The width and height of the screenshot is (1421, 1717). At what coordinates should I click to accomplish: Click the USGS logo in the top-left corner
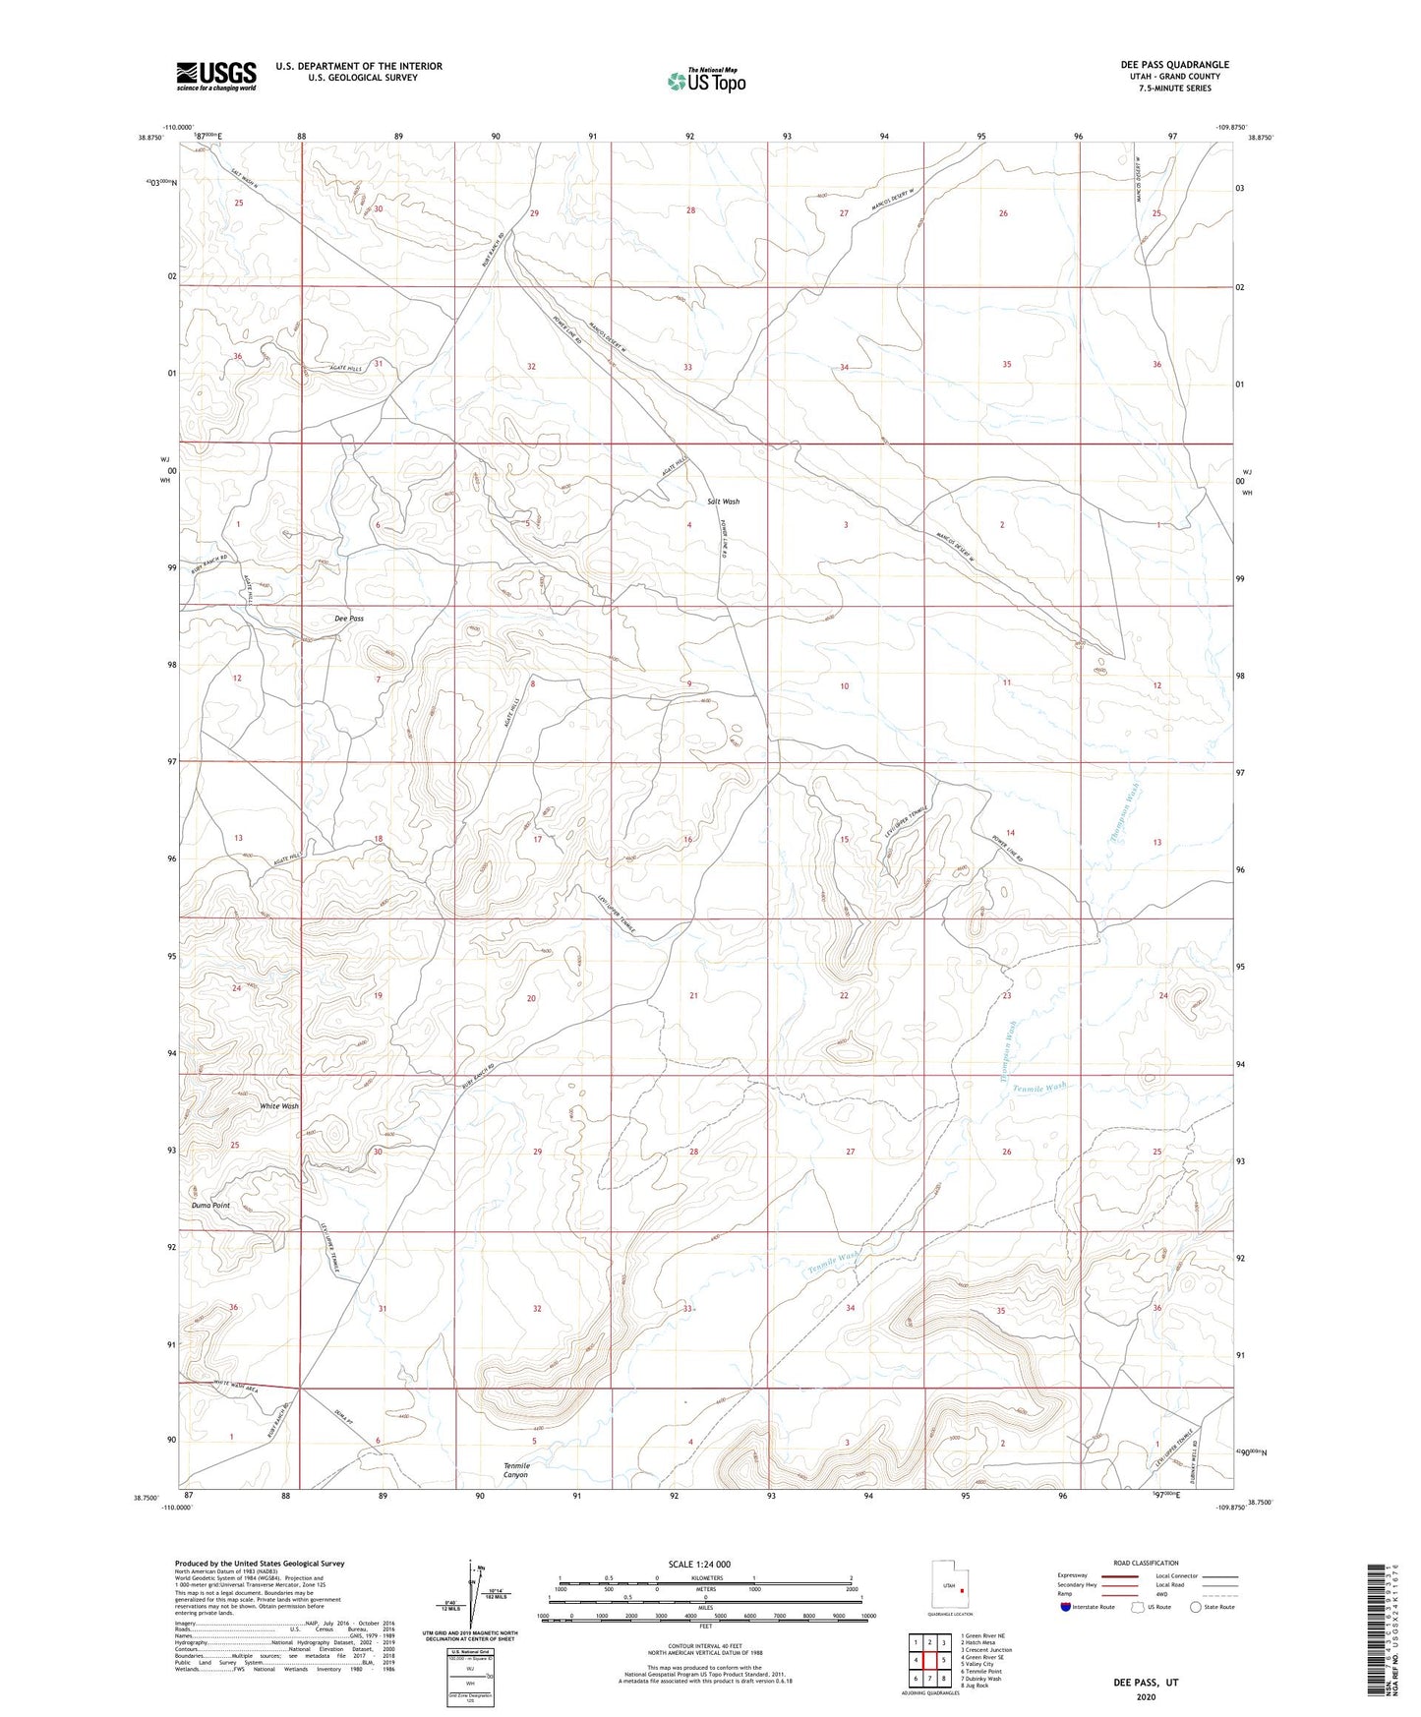[x=216, y=76]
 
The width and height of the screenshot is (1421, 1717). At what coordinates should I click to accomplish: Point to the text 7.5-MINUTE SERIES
[x=1174, y=89]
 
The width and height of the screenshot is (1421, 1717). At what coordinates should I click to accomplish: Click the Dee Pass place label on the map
[x=349, y=619]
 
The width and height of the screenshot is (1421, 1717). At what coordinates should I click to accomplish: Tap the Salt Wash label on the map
[x=723, y=502]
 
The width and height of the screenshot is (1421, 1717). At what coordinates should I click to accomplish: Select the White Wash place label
[x=279, y=1106]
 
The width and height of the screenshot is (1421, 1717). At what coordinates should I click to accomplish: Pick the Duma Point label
[x=210, y=1206]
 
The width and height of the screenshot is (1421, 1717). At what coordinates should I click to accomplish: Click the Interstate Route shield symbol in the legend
[x=1066, y=1607]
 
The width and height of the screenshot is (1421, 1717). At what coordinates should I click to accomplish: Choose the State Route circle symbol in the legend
[x=1196, y=1607]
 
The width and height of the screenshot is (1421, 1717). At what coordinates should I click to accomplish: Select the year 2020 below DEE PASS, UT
[x=1145, y=1697]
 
